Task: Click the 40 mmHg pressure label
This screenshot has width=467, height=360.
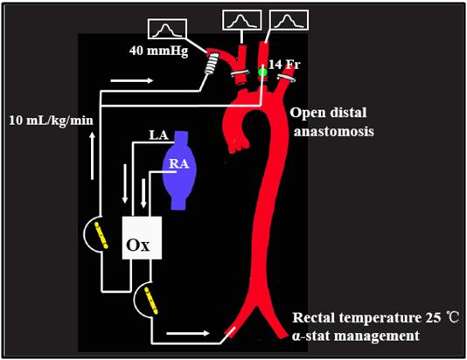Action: [x=159, y=52]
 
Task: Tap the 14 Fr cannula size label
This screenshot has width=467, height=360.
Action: [x=284, y=65]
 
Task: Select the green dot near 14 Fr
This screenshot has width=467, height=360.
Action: [x=262, y=72]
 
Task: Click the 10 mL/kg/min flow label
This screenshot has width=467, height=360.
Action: [x=51, y=121]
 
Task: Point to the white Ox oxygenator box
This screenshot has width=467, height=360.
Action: [x=142, y=238]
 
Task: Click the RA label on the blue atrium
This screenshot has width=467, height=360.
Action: [x=179, y=164]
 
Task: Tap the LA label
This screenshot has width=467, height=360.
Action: [x=159, y=135]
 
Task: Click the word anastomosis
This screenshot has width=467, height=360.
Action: [x=334, y=131]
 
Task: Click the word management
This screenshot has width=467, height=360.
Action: [x=376, y=336]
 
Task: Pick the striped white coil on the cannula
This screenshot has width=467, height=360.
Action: [x=213, y=62]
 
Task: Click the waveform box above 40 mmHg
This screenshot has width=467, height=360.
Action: [x=167, y=29]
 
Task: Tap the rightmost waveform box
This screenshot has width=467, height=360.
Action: [x=289, y=20]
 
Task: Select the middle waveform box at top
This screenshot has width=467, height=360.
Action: [x=242, y=20]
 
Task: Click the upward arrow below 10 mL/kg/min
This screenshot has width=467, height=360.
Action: [x=93, y=156]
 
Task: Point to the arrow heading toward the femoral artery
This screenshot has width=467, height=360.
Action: [x=188, y=333]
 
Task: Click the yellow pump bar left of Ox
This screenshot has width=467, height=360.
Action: [x=101, y=235]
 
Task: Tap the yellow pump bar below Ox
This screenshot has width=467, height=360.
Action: [x=151, y=301]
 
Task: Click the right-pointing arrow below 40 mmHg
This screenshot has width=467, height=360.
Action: [x=132, y=80]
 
